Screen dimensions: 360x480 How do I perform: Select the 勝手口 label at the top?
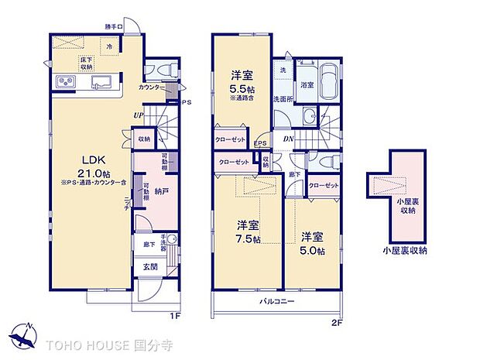coord(115,27)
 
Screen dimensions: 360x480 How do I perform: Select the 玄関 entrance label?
coord(149,268)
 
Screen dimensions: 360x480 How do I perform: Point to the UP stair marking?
coord(138,116)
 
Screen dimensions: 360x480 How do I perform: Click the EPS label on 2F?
coord(260,144)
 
